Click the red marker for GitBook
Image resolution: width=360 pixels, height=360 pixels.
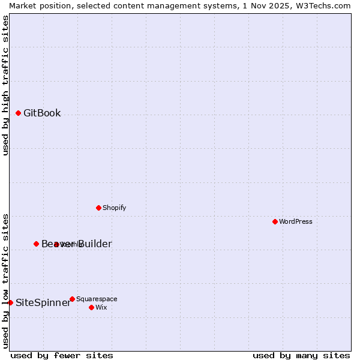tap(18, 113)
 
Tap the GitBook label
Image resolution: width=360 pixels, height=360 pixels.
tap(42, 113)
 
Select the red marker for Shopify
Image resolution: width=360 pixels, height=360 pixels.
tap(98, 208)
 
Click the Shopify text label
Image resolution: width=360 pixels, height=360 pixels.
tap(114, 208)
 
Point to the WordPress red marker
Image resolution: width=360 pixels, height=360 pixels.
tap(275, 221)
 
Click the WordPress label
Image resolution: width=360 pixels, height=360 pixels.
tap(296, 222)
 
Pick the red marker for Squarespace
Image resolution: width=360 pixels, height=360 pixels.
tap(72, 299)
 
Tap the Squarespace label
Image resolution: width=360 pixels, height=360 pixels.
tap(97, 299)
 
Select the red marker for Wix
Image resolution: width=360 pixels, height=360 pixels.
tap(91, 307)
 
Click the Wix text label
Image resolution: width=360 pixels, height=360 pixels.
tap(101, 308)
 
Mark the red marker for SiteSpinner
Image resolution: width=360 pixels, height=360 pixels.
tap(10, 302)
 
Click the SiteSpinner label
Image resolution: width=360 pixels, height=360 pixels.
tap(43, 303)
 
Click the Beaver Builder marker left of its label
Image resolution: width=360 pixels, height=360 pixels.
tap(36, 244)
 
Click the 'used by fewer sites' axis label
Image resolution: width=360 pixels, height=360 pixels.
tap(62, 355)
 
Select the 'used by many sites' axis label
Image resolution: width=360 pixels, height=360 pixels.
tap(301, 355)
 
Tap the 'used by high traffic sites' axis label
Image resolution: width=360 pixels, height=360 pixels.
tap(5, 85)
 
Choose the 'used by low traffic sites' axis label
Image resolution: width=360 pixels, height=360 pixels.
tap(5, 280)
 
